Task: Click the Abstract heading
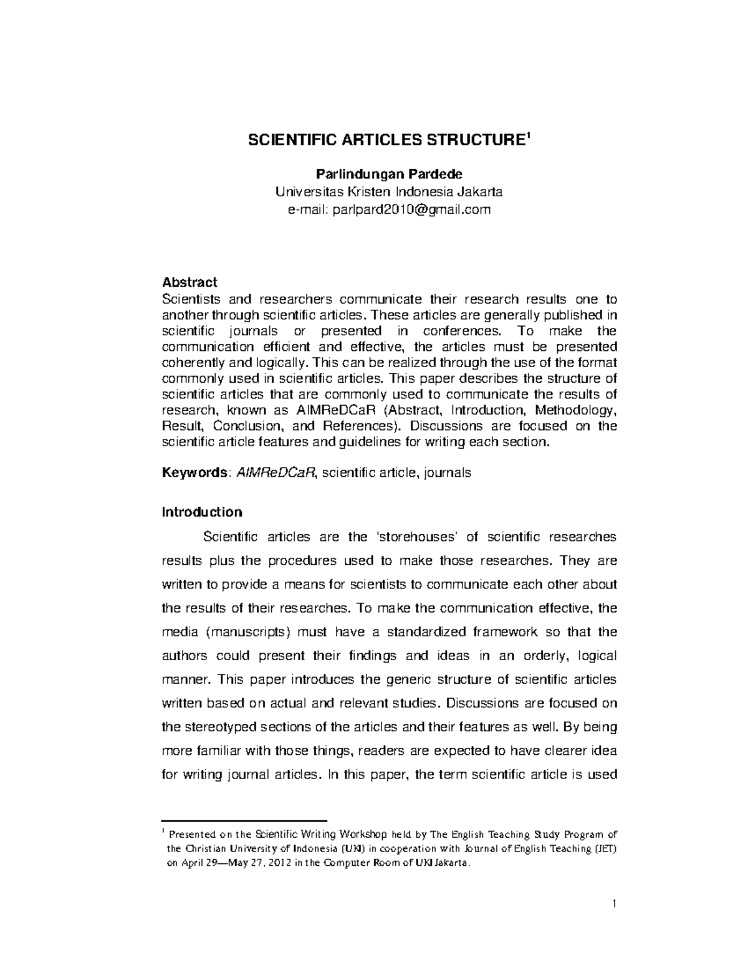pyautogui.click(x=189, y=282)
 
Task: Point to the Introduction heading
pyautogui.click(x=201, y=512)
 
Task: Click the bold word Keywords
pyautogui.click(x=194, y=472)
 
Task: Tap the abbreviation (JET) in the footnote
pyautogui.click(x=606, y=849)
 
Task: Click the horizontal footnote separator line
pyautogui.click(x=244, y=822)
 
